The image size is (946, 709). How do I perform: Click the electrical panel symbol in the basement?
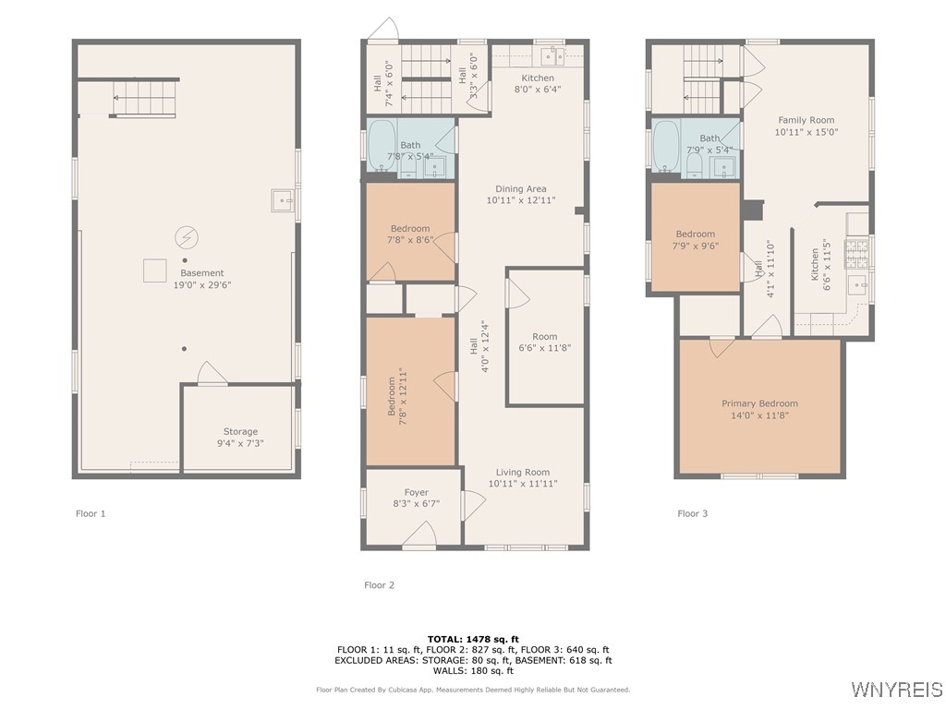pos(187,237)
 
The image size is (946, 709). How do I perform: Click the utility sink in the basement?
pos(283,200)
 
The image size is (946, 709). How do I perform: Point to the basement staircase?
pos(145,98)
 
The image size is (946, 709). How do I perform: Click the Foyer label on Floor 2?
pos(417,492)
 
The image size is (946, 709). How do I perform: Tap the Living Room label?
pos(523,472)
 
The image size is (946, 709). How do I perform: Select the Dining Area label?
pos(521,188)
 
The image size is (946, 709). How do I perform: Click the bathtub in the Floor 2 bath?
pos(382,145)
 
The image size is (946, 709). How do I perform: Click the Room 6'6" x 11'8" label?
pos(545,342)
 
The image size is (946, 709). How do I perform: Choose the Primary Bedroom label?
pos(759,403)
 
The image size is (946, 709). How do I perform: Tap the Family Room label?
pos(806,120)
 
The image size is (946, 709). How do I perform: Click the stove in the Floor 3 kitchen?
pos(856,254)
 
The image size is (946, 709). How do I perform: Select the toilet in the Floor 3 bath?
pos(694,165)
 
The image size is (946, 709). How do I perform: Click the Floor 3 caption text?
pos(692,513)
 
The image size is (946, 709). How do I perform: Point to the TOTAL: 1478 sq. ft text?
pos(473,639)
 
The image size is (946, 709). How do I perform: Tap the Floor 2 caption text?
pos(379,584)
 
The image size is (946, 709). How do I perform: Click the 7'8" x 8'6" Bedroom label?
pos(410,234)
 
